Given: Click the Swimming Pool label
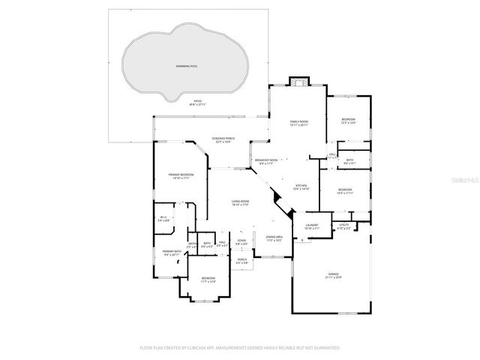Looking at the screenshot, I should point(186,67).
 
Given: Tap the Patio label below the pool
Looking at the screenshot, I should point(198,102).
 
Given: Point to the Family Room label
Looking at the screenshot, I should point(300,123).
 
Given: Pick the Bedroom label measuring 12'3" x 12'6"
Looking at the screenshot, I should point(348,121).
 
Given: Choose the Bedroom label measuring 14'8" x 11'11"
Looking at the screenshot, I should point(344,191).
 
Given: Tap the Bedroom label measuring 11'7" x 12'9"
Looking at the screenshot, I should point(208,280).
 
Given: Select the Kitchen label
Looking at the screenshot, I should point(301,187).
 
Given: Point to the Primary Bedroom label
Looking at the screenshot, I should point(181,176).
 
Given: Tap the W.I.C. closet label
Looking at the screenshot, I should point(163,219).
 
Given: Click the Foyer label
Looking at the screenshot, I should point(241,242).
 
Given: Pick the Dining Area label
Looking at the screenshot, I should point(274,238).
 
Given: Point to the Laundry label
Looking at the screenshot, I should point(311,226).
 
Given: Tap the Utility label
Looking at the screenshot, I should point(344,226).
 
